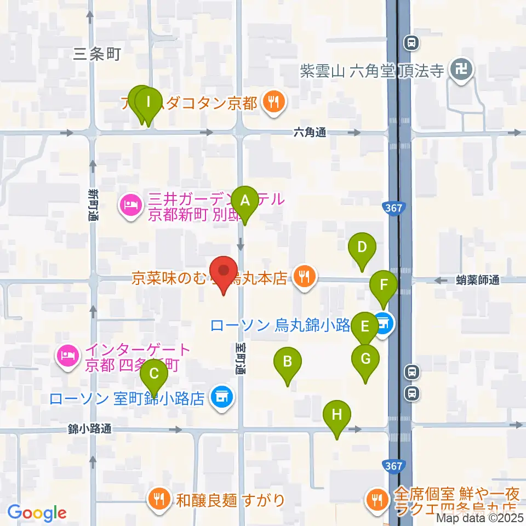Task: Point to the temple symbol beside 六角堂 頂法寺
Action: coord(458,70)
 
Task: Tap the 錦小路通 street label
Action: coord(90,429)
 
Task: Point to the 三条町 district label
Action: coord(96,54)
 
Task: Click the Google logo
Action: coord(37,513)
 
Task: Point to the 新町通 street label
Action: coord(92,205)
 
